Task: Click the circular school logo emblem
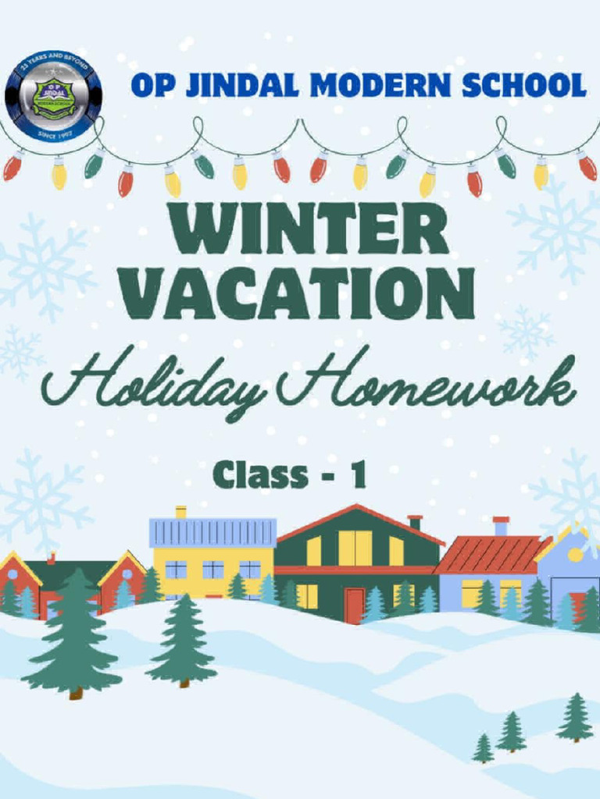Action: point(53,96)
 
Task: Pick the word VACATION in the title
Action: point(299,293)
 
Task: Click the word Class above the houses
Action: point(259,474)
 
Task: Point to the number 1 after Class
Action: point(357,475)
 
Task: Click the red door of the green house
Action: point(354,605)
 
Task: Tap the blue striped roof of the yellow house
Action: point(212,532)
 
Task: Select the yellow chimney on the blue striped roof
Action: point(181,512)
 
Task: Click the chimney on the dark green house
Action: point(415,522)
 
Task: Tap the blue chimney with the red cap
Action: point(501,526)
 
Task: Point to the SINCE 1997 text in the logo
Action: point(53,134)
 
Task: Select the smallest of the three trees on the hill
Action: point(483,748)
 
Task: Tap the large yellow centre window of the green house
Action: point(355,548)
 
